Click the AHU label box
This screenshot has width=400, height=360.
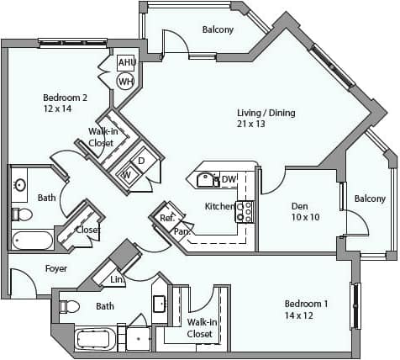pyautogui.click(x=126, y=63)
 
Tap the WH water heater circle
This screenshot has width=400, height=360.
pyautogui.click(x=125, y=81)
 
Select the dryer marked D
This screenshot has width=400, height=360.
pyautogui.click(x=141, y=161)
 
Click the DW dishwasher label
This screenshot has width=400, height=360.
pyautogui.click(x=229, y=179)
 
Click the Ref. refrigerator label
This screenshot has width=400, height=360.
pyautogui.click(x=166, y=218)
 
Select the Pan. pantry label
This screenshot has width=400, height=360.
pyautogui.click(x=181, y=230)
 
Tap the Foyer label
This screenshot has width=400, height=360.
pyautogui.click(x=33, y=268)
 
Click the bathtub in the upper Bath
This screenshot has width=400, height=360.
pyautogui.click(x=32, y=241)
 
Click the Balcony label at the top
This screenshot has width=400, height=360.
pyautogui.click(x=218, y=30)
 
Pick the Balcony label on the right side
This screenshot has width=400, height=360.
pyautogui.click(x=370, y=199)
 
